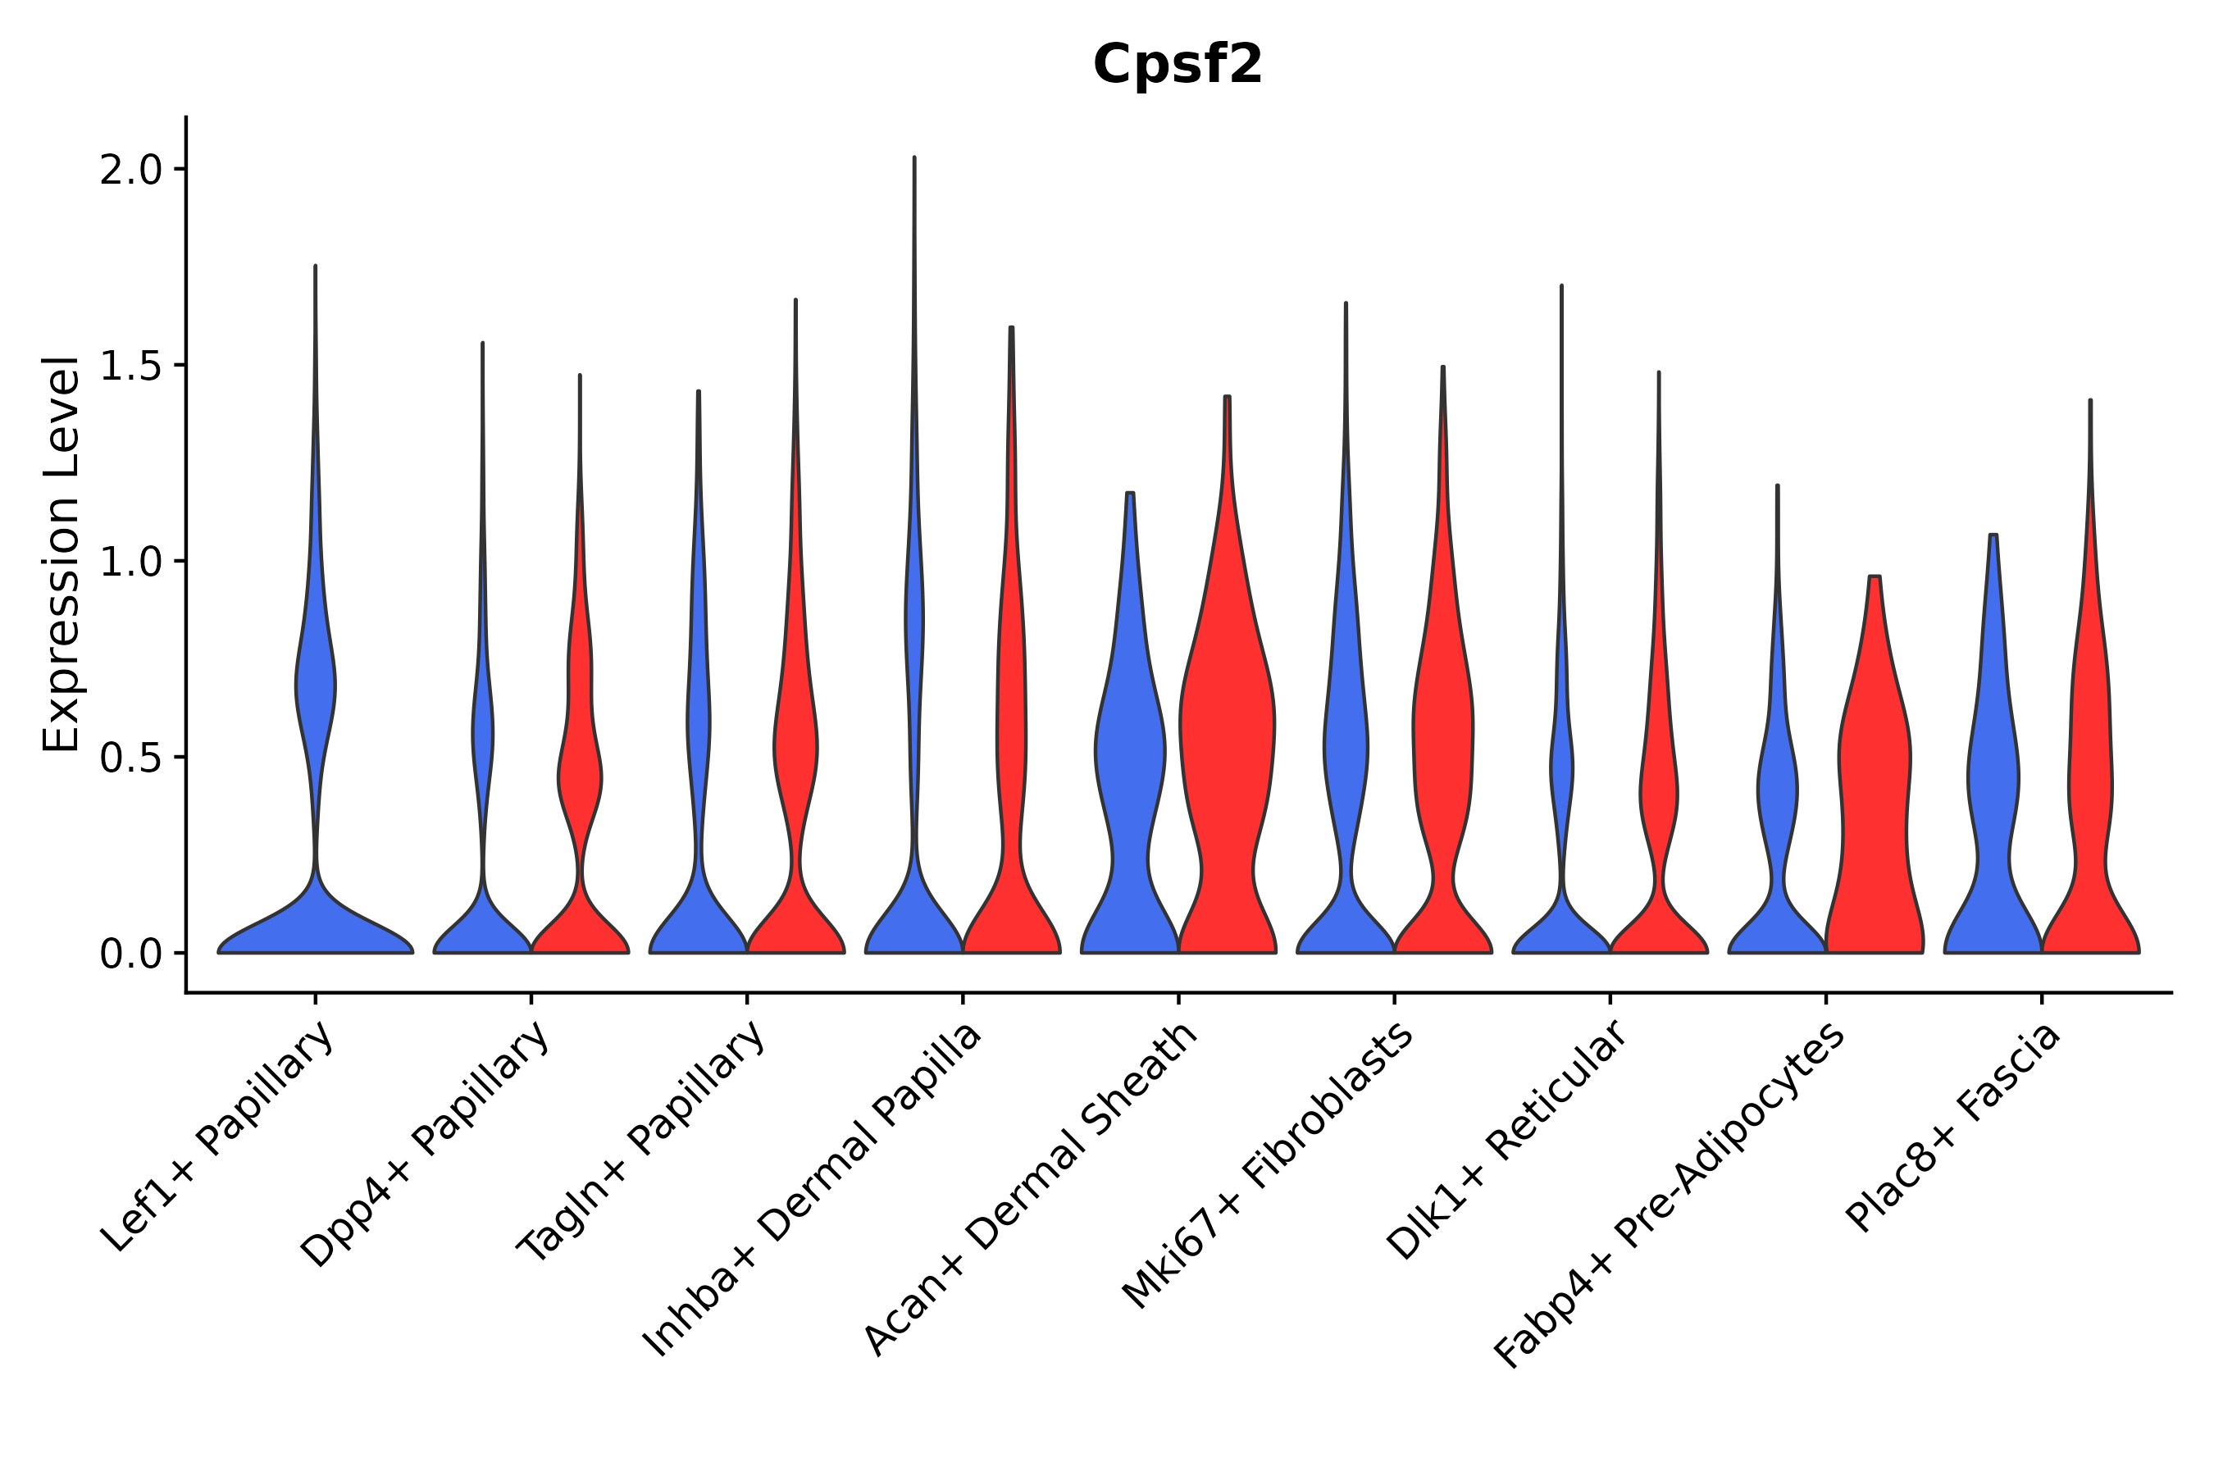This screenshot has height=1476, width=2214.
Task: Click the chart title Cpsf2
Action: (x=1177, y=65)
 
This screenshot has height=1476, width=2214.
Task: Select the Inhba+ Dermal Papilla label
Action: (x=813, y=1190)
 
